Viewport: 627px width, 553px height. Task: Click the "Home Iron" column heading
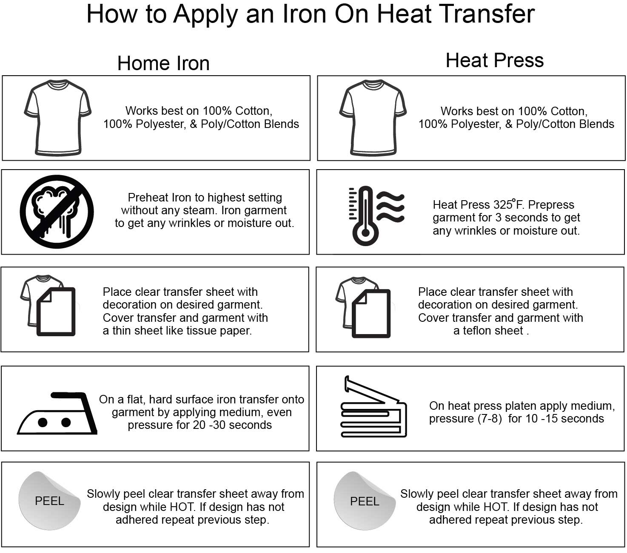[163, 63]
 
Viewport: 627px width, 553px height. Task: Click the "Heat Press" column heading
[495, 60]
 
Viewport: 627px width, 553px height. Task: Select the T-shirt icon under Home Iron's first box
[57, 117]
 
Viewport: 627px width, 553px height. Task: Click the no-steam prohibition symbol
[57, 212]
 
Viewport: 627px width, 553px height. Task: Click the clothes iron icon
[57, 413]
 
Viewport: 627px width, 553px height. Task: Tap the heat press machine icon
[373, 407]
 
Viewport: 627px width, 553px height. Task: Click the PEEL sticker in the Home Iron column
[49, 501]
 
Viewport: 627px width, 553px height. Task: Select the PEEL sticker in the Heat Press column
[365, 501]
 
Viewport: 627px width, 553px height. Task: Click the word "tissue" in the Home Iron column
[201, 331]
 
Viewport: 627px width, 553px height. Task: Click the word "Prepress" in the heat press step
[551, 205]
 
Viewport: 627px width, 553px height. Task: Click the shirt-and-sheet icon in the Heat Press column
[363, 307]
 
